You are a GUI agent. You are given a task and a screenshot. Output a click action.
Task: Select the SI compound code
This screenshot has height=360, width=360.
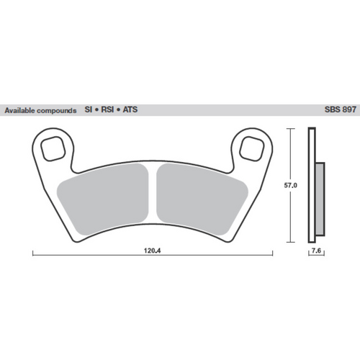click(89, 112)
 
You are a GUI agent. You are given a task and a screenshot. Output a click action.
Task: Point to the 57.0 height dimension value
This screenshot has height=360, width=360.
click(290, 185)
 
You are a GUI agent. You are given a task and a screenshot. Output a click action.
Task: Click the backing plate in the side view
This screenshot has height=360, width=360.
click(312, 185)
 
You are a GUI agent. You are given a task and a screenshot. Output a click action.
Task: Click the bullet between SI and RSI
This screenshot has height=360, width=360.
click(96, 112)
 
